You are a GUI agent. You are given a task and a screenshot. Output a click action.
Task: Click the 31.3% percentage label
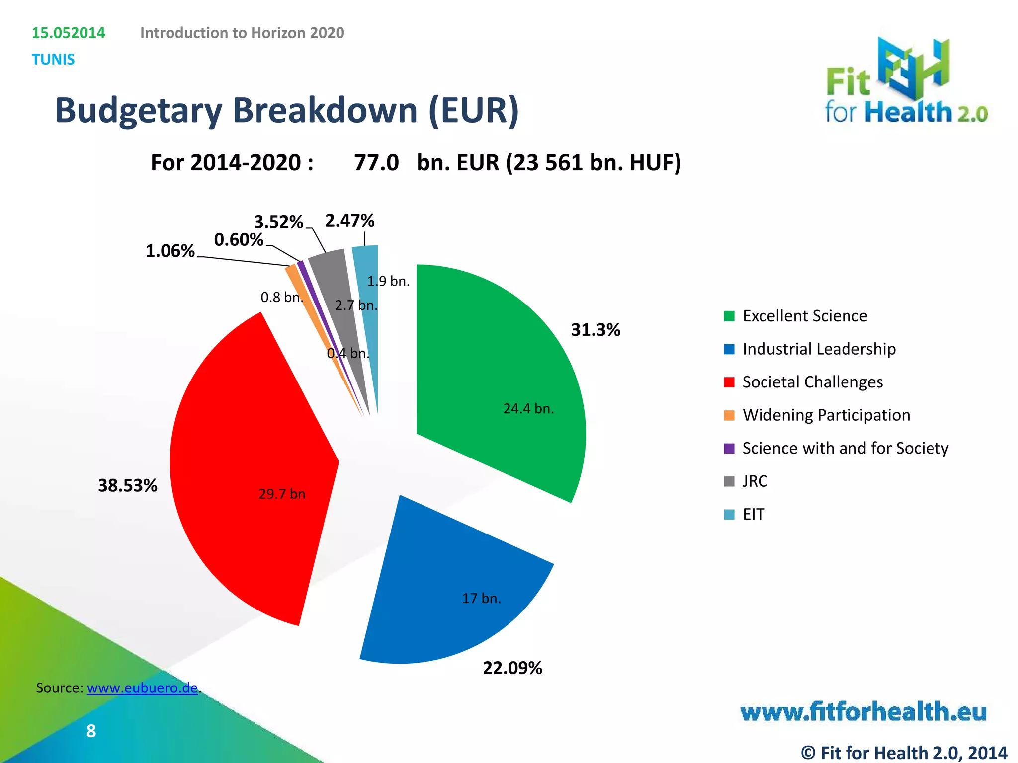(x=595, y=330)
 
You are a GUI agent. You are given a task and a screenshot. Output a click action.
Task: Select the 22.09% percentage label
(x=512, y=668)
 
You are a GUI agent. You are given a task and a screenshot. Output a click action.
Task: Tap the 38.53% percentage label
(x=128, y=485)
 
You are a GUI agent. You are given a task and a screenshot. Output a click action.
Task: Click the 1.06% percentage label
(x=170, y=251)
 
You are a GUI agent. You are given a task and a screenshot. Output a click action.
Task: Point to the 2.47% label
(x=349, y=220)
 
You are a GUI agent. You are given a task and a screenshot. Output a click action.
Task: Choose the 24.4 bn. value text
(x=528, y=409)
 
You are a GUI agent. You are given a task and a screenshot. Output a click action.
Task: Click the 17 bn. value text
(x=481, y=598)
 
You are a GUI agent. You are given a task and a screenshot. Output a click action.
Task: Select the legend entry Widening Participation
(x=826, y=415)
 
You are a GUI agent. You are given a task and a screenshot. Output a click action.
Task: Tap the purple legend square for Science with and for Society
(x=729, y=448)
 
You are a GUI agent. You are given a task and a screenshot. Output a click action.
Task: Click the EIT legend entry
(x=753, y=514)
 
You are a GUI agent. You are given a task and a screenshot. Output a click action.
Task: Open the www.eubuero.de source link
(x=142, y=688)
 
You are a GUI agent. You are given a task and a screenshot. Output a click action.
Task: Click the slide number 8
(x=91, y=731)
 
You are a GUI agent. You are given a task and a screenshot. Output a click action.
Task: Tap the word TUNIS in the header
(x=53, y=59)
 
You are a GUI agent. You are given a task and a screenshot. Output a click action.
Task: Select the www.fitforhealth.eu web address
(x=863, y=712)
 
